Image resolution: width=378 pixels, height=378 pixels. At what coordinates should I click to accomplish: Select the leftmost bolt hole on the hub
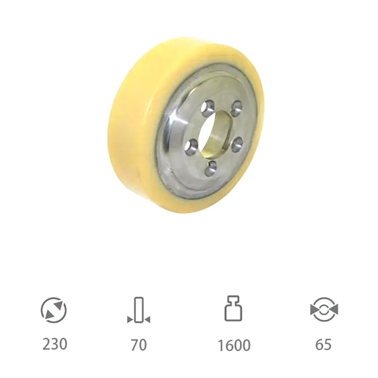tap(191, 144)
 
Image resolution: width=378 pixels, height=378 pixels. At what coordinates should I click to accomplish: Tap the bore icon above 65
tap(324, 309)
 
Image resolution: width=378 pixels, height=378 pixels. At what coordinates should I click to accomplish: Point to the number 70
tap(139, 344)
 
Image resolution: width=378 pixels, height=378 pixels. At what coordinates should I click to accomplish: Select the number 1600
tap(234, 345)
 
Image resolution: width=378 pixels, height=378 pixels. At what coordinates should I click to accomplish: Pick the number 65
tap(324, 344)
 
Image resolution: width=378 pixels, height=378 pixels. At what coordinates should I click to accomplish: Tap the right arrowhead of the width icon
tap(147, 320)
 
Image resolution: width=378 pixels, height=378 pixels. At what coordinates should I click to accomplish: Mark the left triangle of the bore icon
tap(314, 310)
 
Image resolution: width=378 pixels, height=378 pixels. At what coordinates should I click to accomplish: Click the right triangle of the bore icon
tap(334, 310)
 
